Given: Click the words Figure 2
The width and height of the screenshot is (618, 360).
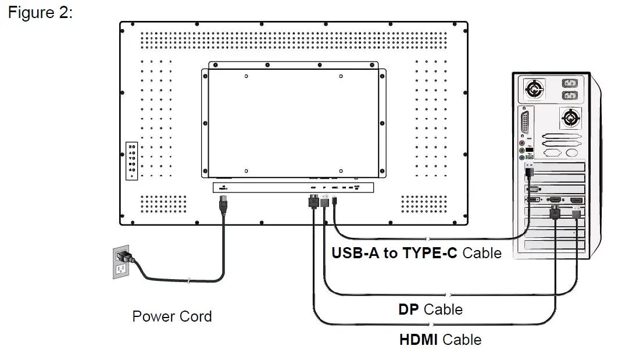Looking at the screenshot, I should [x=40, y=13].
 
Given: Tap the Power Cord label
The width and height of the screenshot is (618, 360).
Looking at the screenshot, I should [x=172, y=316].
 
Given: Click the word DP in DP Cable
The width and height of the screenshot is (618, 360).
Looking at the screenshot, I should [x=408, y=309].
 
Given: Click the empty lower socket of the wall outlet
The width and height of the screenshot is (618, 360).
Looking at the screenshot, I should [x=121, y=269].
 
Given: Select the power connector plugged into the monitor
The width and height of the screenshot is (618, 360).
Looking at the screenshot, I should [x=222, y=204].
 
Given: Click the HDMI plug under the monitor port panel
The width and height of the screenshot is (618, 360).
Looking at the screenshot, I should [x=313, y=202].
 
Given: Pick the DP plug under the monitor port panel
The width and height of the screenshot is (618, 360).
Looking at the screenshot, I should [x=325, y=202].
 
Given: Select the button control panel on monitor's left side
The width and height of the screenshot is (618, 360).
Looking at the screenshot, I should [x=133, y=160].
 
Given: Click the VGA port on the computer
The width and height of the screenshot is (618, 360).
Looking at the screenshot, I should [x=533, y=189].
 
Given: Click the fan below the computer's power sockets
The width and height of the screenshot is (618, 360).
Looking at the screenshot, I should [x=570, y=118].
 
